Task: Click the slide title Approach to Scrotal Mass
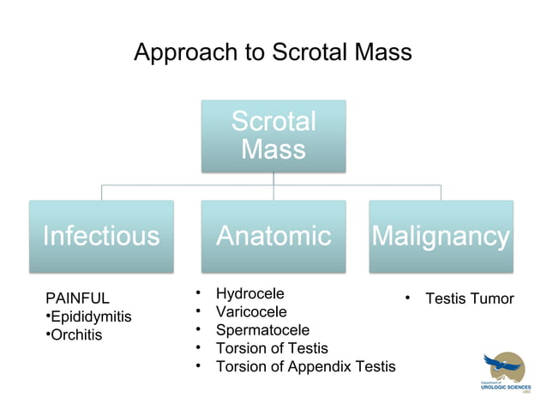273,52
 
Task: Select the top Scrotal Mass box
273,136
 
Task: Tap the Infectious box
101,236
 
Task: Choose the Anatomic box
273,236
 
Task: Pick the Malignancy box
441,236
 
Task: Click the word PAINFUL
77,298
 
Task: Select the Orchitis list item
75,335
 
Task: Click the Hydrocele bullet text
249,293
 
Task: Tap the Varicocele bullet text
251,311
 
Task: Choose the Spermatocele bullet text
262,329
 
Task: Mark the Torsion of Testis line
272,348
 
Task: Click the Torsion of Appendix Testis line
305,367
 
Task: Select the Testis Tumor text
469,298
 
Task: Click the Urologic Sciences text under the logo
505,388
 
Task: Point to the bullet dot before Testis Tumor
408,298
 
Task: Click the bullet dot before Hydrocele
198,293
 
